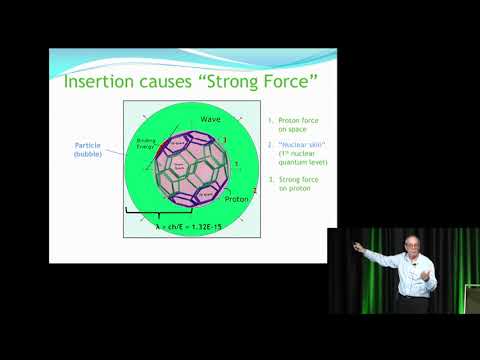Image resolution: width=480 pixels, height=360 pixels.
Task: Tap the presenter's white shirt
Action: click(413, 275)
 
